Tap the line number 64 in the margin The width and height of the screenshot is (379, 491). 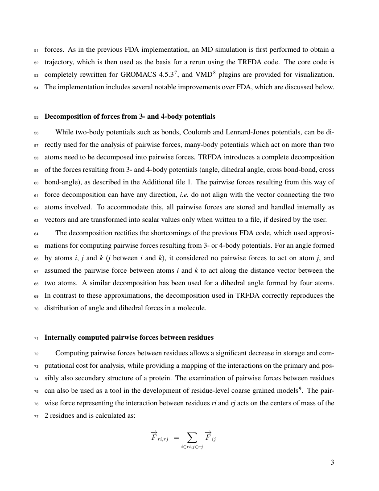coord(36,233)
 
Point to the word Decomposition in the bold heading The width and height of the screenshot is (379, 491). coord(68,117)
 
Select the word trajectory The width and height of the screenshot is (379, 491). coord(59,62)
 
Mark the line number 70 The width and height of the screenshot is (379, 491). coord(36,308)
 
